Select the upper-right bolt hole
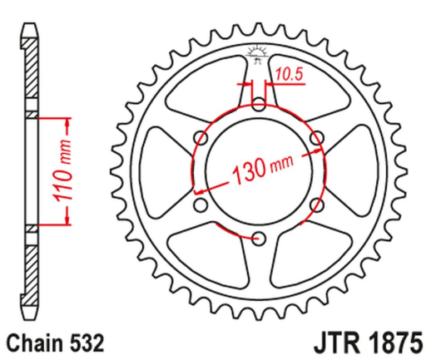point(315,137)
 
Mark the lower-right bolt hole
point(315,205)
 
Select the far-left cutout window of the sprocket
point(161,171)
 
